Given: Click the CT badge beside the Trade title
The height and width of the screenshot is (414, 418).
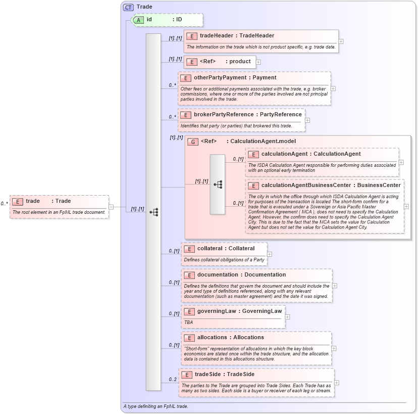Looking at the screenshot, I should [x=128, y=7].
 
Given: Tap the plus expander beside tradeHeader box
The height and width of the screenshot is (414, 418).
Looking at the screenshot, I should [x=341, y=42].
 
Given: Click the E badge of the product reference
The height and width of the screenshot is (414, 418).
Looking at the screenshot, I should [x=192, y=62].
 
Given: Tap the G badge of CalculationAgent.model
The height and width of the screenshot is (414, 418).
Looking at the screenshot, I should [x=192, y=142].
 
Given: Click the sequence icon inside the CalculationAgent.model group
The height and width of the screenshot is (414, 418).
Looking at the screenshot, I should [x=218, y=185].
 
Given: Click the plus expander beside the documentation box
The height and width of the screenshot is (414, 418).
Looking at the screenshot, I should [x=335, y=286].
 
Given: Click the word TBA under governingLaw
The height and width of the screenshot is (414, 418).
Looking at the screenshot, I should [x=188, y=322].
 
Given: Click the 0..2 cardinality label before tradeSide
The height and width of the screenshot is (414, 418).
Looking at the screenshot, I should [x=173, y=380].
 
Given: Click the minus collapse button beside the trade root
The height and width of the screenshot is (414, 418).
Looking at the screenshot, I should [x=111, y=207].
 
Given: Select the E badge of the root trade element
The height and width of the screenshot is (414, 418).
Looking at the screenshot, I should [x=18, y=201].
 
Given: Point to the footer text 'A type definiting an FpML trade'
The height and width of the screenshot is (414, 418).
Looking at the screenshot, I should [x=155, y=406].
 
